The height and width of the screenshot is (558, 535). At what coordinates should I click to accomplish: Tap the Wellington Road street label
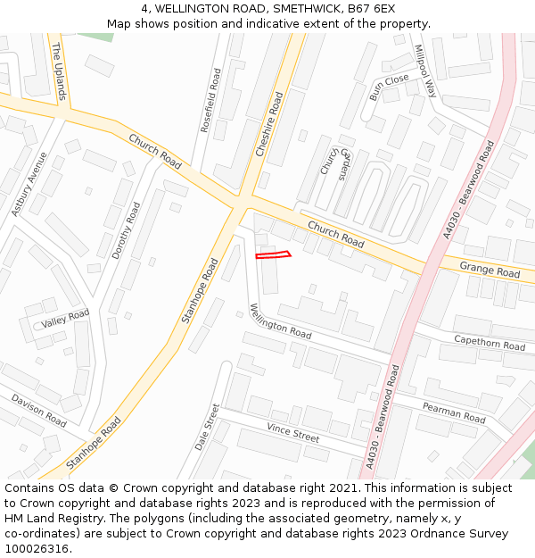click(x=280, y=321)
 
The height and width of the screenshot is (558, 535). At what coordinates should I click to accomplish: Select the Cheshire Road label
click(x=268, y=125)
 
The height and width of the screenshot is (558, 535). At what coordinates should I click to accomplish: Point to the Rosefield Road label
click(x=210, y=101)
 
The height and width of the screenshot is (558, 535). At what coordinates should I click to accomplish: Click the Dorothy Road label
click(x=127, y=230)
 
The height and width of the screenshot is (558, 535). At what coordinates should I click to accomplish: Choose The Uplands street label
click(x=59, y=71)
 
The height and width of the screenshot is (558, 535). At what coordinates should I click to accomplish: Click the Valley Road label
click(x=65, y=317)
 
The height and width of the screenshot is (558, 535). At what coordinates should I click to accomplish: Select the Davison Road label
click(x=38, y=409)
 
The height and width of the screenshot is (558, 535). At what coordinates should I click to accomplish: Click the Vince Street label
click(x=292, y=433)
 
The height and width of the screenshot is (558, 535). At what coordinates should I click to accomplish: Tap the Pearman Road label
click(x=454, y=412)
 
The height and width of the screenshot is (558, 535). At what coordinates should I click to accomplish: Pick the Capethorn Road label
click(x=490, y=342)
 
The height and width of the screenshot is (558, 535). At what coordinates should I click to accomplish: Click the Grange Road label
click(x=490, y=270)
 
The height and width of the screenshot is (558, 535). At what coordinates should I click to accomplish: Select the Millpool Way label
click(x=424, y=71)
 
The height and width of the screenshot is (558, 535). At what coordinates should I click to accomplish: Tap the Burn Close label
click(x=389, y=87)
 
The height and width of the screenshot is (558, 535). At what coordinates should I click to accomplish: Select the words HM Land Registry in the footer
click(x=51, y=519)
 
